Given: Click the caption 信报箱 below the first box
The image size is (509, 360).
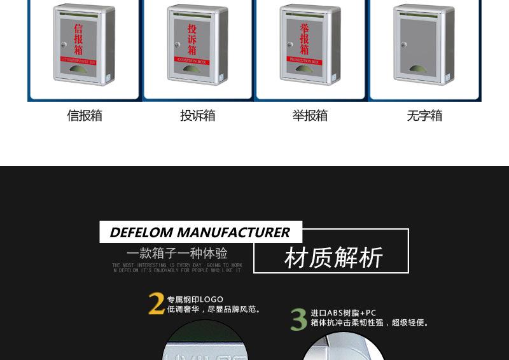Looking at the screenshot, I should coord(85,116).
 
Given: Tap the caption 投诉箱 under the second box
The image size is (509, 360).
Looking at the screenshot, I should coord(197,116).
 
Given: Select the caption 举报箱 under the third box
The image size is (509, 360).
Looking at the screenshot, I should coord(310,116).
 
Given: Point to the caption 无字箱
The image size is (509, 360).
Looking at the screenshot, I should coord(424,116).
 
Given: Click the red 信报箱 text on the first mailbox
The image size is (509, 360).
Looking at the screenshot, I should coord(78,39).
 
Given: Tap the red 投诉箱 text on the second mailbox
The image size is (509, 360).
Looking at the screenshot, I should coord(192,39).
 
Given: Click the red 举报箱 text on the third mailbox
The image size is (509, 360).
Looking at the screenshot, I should coord(305,39).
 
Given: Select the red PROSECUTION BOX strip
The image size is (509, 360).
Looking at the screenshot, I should coord(305,60).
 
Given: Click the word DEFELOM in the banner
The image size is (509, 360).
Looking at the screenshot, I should coord(142,232).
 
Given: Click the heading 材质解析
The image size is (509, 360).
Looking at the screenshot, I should coord(333,258).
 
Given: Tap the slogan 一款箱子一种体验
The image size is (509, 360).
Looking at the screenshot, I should coord(177,253).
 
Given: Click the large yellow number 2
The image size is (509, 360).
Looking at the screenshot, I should coord(156,304).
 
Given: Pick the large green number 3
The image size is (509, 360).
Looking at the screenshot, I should coord(298,319).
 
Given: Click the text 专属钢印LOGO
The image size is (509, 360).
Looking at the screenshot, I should coord(195,300).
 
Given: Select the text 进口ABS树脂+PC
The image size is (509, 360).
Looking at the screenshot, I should coord(344,313).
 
